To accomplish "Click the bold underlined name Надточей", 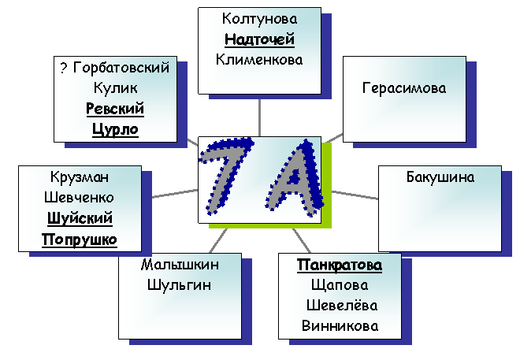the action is point(259,39).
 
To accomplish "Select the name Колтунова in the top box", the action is point(259,19).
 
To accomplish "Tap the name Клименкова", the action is point(259,60).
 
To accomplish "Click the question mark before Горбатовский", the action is point(64,68).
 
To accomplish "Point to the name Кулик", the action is point(115,88).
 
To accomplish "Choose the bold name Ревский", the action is point(115,109).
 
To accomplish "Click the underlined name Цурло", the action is point(115,129).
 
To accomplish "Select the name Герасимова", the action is point(404,88).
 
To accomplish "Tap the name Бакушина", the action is point(440,177).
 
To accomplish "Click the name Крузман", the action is point(80,177).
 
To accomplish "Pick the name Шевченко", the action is point(79,198).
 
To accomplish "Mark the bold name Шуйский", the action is point(80,218).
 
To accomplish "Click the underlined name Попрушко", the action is point(80,239).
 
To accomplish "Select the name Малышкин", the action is point(180,265).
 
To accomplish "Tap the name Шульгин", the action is point(179,285).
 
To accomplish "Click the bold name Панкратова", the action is point(340,265).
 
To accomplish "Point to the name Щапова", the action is point(340,286).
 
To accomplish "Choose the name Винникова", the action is point(340,326).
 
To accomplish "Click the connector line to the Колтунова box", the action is point(259,117).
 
